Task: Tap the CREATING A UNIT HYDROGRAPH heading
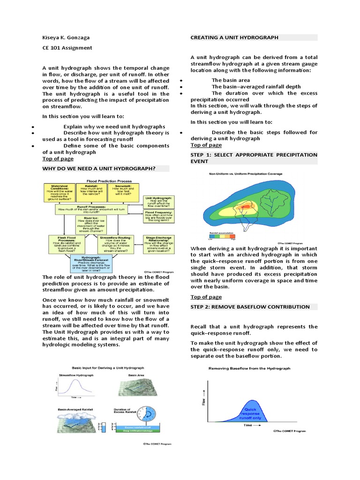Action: coord(234,37)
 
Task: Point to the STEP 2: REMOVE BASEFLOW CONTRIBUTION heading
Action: coord(250,307)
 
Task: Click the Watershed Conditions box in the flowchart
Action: coord(58,192)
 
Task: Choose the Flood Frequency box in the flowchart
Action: coord(158,218)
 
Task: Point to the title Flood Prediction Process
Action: coord(107,180)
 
